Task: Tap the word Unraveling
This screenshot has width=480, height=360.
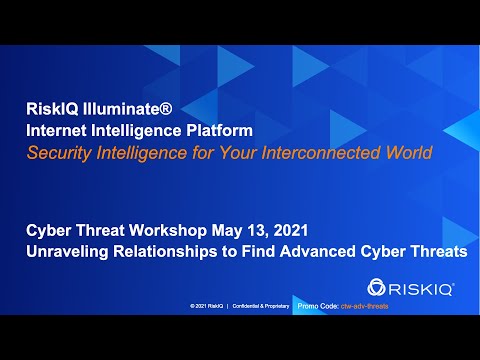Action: (68, 254)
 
